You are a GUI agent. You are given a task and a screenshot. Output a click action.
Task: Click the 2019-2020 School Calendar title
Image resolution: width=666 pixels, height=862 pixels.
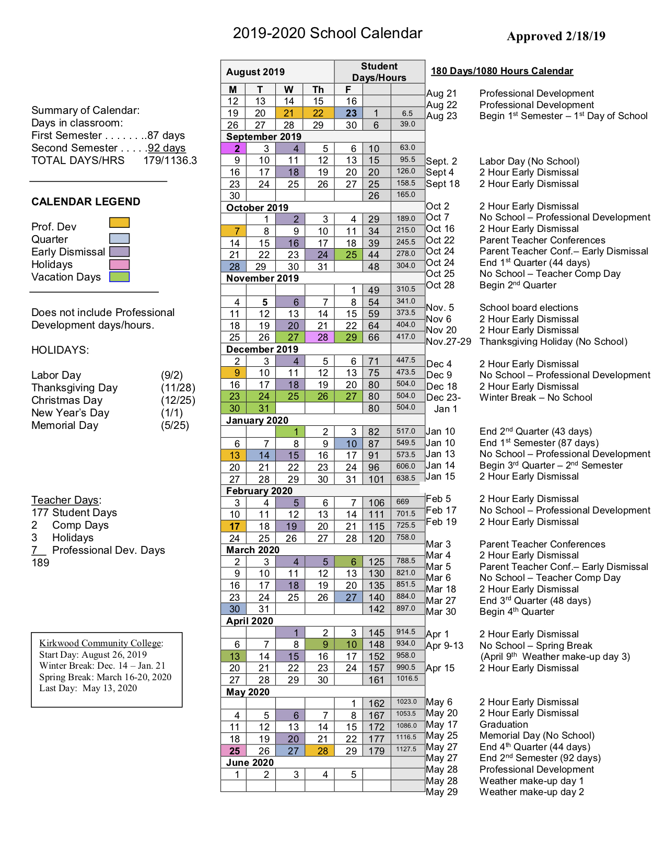pos(328,33)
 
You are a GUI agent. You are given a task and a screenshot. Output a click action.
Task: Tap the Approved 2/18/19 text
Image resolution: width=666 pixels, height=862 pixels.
pos(556,36)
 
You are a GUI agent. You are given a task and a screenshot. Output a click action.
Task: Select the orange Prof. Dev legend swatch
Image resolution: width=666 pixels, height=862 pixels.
pos(119,223)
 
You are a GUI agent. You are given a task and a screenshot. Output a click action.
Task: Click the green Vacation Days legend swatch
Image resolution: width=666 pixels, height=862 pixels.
pos(119,277)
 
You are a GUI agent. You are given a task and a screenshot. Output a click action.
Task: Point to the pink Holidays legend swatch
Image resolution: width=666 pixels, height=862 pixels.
pos(119,264)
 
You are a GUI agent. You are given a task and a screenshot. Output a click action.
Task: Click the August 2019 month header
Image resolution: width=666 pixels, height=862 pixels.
pos(255,72)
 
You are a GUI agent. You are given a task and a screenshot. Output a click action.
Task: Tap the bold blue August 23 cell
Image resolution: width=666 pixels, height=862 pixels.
pos(351,113)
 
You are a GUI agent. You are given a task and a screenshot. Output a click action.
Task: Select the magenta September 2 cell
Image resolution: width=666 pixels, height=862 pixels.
pos(236,149)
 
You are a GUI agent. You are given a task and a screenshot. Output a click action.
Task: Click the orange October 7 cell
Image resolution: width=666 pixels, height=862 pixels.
pos(236,231)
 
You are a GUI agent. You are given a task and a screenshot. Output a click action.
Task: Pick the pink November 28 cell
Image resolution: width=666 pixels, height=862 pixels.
pos(322,337)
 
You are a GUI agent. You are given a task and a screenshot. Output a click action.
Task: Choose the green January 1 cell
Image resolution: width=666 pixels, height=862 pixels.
pos(295,432)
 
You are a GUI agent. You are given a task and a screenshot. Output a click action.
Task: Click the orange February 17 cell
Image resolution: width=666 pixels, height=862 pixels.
pos(235,527)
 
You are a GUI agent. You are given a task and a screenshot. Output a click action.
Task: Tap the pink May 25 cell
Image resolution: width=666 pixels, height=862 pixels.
pos(235,751)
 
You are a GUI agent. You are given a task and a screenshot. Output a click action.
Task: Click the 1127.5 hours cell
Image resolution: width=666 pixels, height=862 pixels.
pos(406,749)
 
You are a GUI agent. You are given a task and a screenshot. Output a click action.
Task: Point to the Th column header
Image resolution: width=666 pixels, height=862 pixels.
pos(318,89)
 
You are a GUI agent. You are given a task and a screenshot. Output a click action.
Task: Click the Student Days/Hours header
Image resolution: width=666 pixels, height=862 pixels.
pos(379,72)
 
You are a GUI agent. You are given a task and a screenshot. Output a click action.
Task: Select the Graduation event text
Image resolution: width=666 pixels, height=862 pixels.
pos(504,725)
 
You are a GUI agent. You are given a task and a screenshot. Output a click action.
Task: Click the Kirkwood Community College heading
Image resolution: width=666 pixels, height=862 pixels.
pos(100,643)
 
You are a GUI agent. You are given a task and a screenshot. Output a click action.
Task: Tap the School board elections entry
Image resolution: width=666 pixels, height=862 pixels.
pos(529,308)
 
